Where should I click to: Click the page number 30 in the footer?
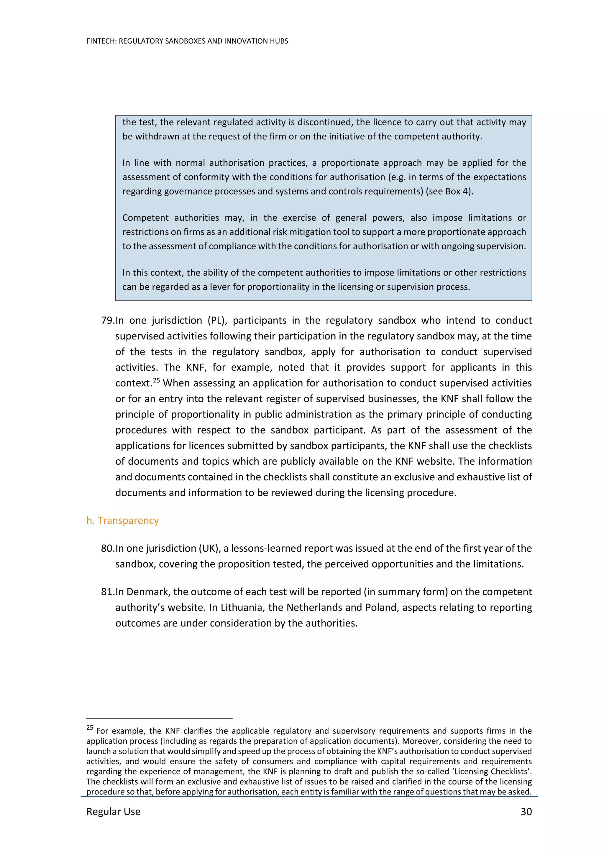point(526,812)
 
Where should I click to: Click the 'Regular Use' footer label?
point(113,812)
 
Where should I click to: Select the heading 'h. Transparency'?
point(122,520)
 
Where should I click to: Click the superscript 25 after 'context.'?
point(156,380)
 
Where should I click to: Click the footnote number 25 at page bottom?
point(90,728)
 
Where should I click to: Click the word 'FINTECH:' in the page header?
point(101,41)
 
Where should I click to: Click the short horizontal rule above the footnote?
point(159,718)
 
